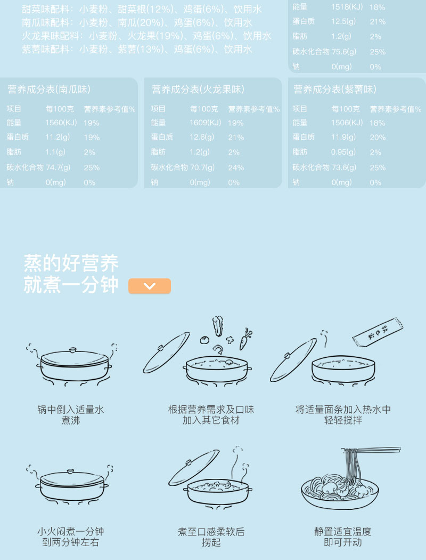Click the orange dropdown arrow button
pyautogui.click(x=150, y=286)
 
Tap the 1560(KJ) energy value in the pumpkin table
pyautogui.click(x=61, y=123)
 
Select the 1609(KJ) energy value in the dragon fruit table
pyautogui.click(x=206, y=123)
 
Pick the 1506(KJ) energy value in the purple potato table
pyautogui.click(x=347, y=123)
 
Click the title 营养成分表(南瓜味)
pyautogui.click(x=49, y=89)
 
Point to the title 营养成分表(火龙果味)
pyautogui.click(x=198, y=89)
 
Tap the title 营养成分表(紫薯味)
pyautogui.click(x=335, y=89)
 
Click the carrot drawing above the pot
pyautogui.click(x=245, y=339)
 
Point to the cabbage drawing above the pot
pyautogui.click(x=218, y=326)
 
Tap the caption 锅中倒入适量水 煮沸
pyautogui.click(x=71, y=414)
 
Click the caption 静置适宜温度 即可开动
pyautogui.click(x=342, y=537)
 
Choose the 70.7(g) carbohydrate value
pyautogui.click(x=202, y=167)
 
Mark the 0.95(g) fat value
pyautogui.click(x=343, y=152)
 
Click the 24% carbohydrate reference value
pyautogui.click(x=236, y=167)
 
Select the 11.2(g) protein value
pyautogui.click(x=58, y=137)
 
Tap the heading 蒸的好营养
pyautogui.click(x=71, y=263)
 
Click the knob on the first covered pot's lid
pyautogui.click(x=73, y=350)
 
